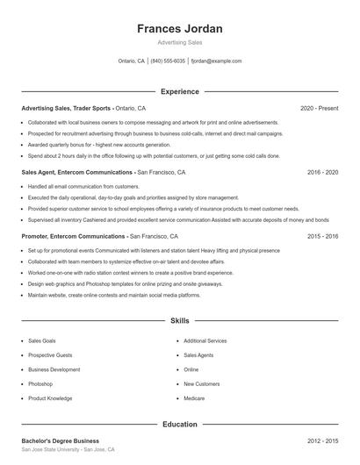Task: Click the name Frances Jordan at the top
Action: tap(180, 29)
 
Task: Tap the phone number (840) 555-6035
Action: tap(168, 61)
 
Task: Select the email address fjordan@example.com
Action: tap(216, 61)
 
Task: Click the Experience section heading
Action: tap(180, 91)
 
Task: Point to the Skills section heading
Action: tap(180, 322)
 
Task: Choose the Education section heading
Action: tap(180, 425)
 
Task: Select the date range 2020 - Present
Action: tap(319, 108)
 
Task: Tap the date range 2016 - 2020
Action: tap(322, 172)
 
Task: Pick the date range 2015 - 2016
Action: tap(322, 236)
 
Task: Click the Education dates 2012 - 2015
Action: tap(322, 440)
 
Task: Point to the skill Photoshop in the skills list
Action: tap(40, 383)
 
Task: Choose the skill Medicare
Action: tap(193, 398)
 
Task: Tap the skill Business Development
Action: tap(54, 369)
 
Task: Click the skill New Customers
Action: tap(201, 383)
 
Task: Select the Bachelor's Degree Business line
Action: tap(61, 440)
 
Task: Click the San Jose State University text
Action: tap(51, 449)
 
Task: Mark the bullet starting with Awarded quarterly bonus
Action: tap(99, 144)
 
